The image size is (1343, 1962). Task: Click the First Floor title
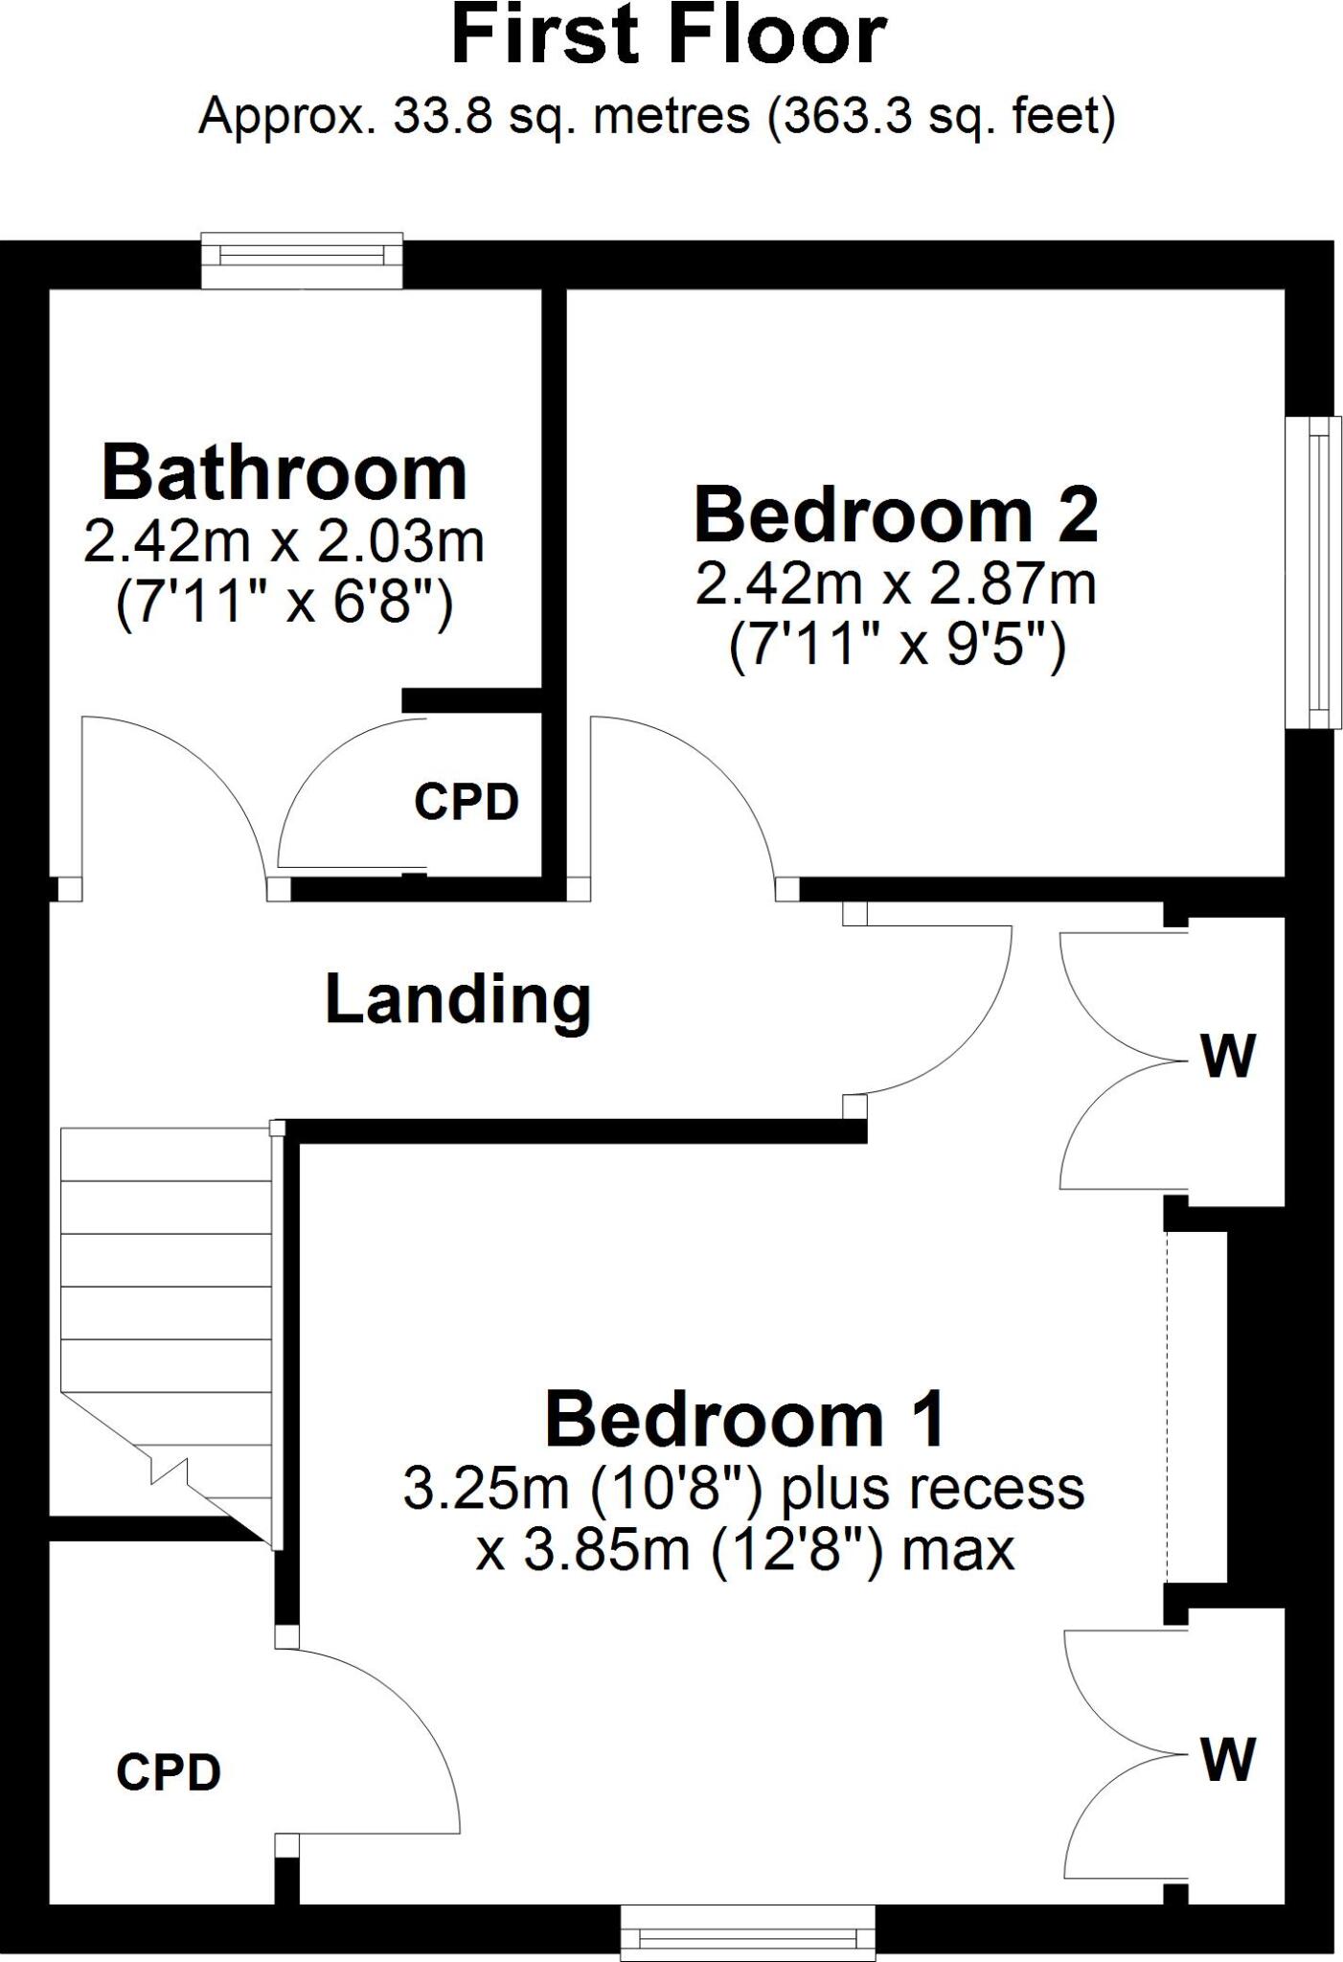(x=669, y=35)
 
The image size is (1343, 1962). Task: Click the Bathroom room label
(x=285, y=472)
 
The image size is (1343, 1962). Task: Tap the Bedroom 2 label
(x=896, y=514)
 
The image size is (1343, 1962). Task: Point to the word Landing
(x=458, y=1001)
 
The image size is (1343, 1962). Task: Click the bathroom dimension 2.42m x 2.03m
(x=285, y=541)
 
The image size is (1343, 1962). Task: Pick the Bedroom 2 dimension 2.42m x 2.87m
(x=896, y=583)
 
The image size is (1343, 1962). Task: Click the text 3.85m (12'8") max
(x=745, y=1551)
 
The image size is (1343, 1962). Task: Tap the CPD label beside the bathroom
(x=467, y=801)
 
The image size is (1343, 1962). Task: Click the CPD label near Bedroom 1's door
(x=169, y=1772)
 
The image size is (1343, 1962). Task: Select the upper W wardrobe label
(x=1228, y=1057)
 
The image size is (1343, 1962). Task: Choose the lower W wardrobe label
(x=1228, y=1759)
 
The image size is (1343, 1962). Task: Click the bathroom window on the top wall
(x=302, y=259)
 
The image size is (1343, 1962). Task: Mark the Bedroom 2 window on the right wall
(x=1312, y=572)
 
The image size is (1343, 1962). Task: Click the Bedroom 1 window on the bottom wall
(x=747, y=1934)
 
